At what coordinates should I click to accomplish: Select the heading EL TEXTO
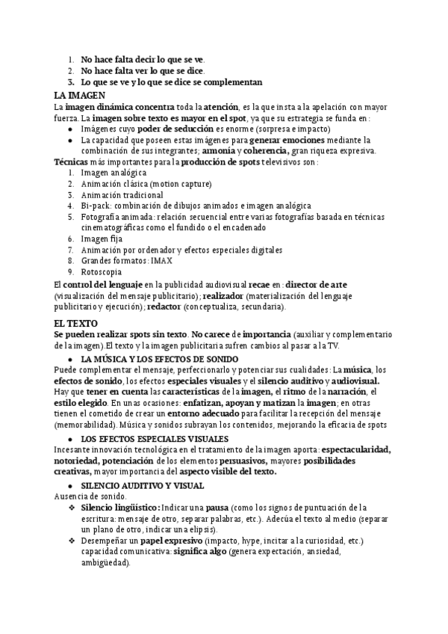[x=75, y=322]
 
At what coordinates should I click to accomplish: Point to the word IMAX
[x=161, y=261]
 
